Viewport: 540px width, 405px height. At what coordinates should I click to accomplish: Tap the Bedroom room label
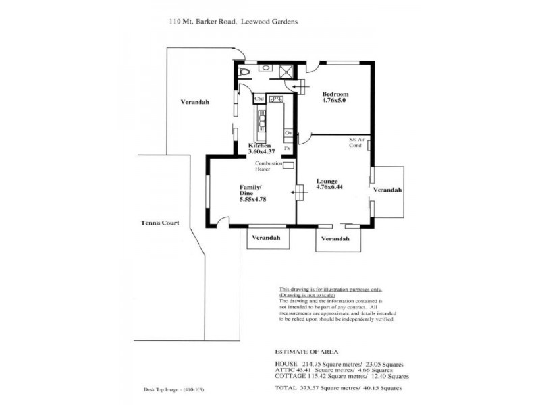point(335,94)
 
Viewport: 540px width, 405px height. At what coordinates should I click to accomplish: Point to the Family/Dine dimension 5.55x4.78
point(254,200)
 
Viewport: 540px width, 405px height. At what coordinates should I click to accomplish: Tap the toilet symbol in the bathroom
point(246,71)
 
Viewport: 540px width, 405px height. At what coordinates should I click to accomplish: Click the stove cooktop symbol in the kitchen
point(276,99)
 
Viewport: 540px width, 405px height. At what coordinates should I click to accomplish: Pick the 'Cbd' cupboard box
point(259,99)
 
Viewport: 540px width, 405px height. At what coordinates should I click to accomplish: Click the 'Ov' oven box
point(288,133)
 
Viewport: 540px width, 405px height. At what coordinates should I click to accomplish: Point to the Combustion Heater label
point(267,167)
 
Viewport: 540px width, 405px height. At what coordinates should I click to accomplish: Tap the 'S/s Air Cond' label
point(356,142)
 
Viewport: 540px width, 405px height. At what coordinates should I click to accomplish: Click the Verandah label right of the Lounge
point(387,190)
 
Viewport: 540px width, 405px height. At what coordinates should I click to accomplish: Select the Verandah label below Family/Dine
point(266,238)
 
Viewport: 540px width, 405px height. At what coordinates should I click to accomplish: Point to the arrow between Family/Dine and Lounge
point(295,192)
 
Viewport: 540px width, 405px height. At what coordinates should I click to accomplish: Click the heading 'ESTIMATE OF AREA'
point(302,352)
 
